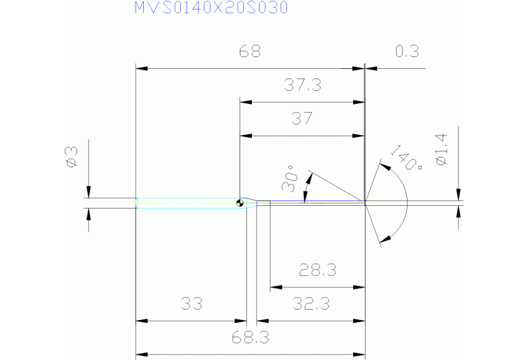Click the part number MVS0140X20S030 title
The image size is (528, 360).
point(211,8)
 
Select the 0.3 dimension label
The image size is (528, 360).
point(408,52)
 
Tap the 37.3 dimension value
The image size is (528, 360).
point(302,85)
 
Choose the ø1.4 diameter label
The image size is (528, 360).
point(441,149)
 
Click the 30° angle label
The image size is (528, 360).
point(288,178)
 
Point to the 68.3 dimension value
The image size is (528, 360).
point(250,337)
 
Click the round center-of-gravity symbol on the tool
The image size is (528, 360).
point(239,202)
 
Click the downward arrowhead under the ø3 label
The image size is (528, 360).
point(88,193)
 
